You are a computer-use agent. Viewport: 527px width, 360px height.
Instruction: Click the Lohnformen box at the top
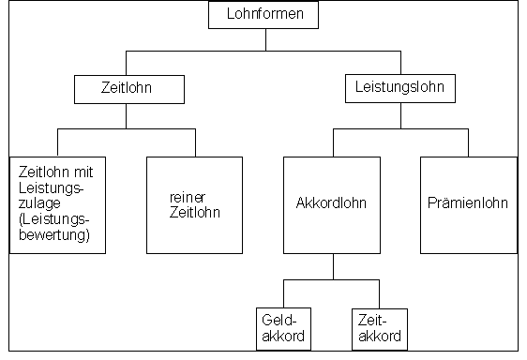pos(265,14)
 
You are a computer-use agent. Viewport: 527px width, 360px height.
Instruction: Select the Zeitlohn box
pos(127,89)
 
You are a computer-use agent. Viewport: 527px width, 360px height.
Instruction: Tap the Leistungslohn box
pos(399,89)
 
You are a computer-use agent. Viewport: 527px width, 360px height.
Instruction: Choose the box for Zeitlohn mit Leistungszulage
pos(57,203)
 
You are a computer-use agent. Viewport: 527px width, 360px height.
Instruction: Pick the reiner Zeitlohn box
pos(195,203)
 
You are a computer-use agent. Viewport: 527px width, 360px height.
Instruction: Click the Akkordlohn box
pos(332,203)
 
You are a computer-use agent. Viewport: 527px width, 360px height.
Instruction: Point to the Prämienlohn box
pos(468,203)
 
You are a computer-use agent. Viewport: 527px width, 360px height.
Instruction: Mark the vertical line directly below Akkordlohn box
pos(333,266)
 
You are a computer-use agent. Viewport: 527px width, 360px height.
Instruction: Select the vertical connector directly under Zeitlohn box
pos(127,116)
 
